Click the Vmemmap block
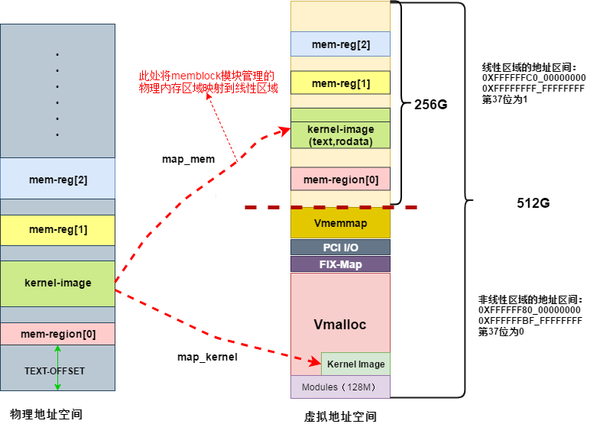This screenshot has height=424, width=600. (x=340, y=223)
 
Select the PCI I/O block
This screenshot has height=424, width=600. (x=340, y=247)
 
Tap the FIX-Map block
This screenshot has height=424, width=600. (x=340, y=264)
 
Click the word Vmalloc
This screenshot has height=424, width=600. (x=340, y=324)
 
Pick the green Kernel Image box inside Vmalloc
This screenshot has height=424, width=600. (x=355, y=364)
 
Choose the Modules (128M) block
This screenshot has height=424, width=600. (x=340, y=387)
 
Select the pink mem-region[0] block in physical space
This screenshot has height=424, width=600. (x=57, y=334)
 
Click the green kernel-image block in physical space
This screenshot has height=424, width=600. (x=57, y=283)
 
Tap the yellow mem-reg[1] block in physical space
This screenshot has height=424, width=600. (x=57, y=230)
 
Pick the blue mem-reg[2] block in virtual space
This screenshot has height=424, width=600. (x=340, y=44)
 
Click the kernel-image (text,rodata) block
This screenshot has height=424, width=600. (x=340, y=135)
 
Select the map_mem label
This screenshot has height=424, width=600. (x=188, y=160)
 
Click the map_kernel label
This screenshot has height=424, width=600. (x=207, y=357)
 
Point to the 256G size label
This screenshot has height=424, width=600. (x=430, y=105)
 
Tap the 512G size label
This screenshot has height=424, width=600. (x=534, y=204)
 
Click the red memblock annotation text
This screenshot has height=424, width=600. (x=206, y=82)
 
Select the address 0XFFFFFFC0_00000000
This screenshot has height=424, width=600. (x=534, y=78)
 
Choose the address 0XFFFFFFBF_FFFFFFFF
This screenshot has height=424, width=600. (x=530, y=322)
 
